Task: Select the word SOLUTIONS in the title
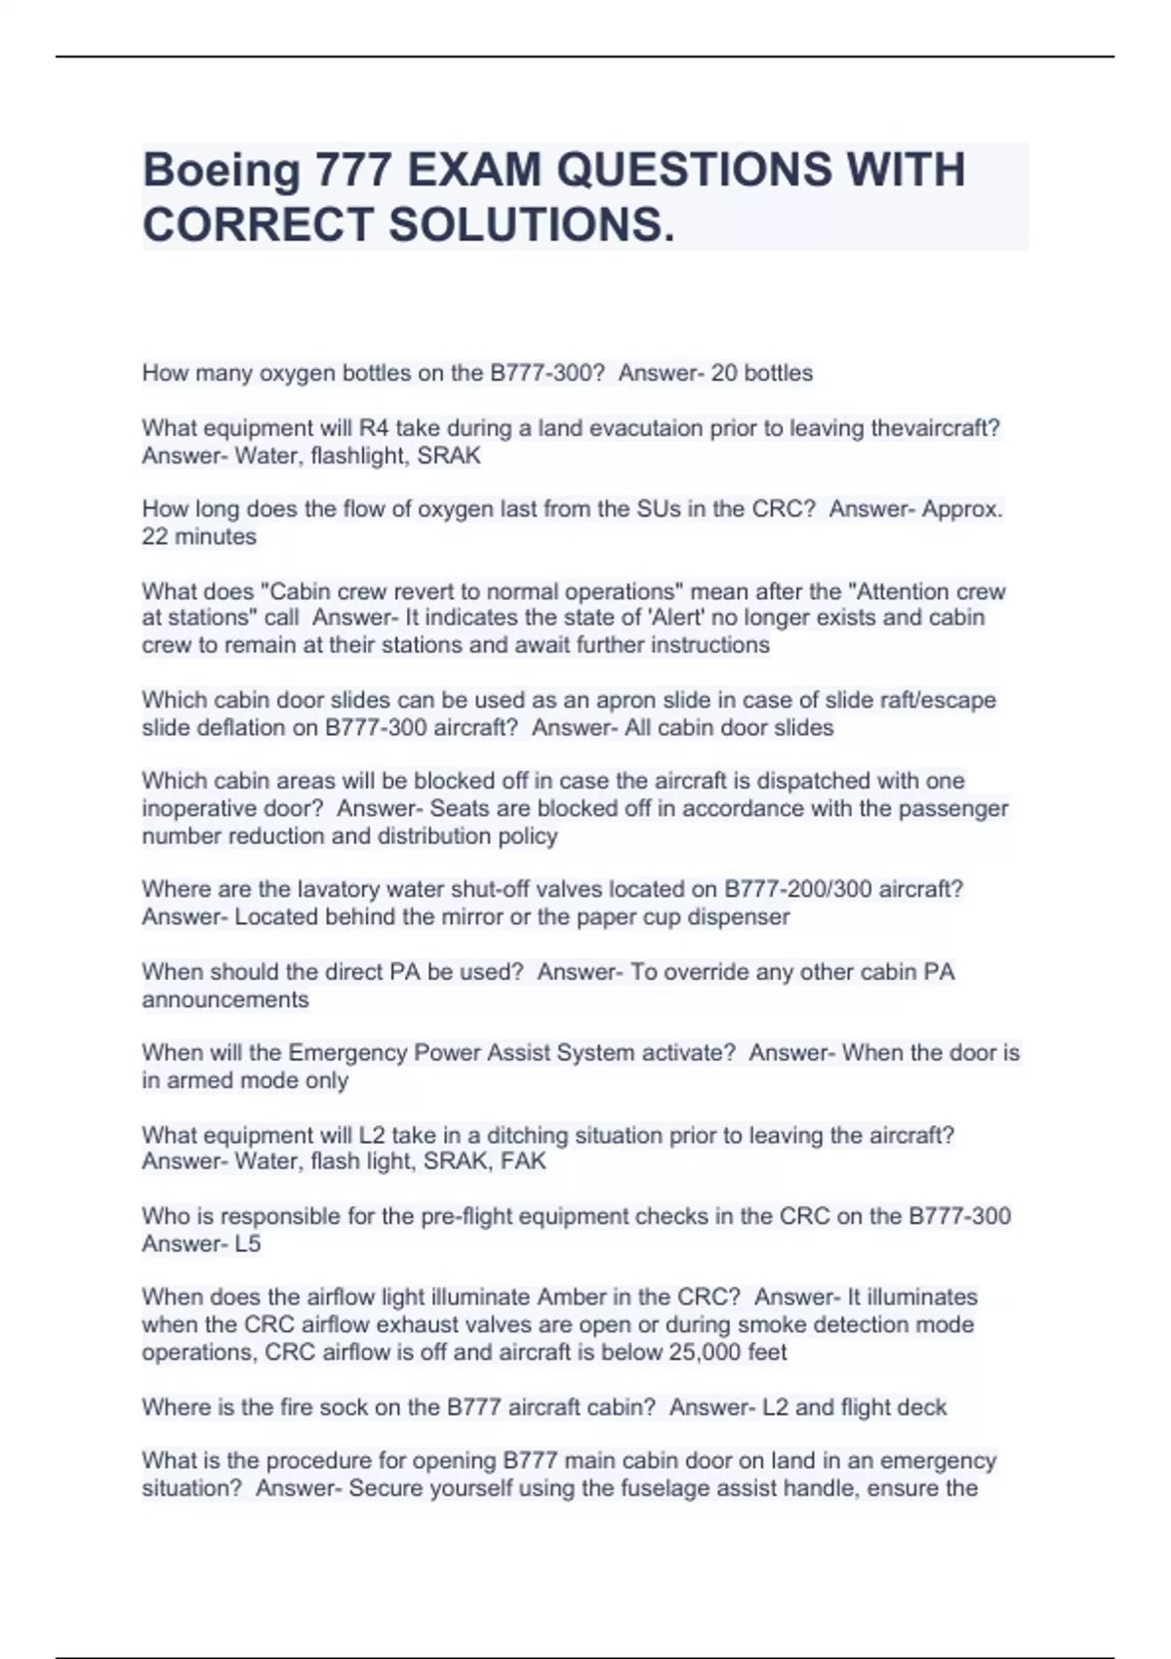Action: [531, 225]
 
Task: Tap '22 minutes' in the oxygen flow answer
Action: [199, 537]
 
